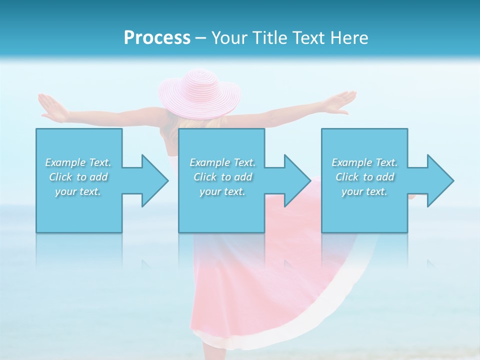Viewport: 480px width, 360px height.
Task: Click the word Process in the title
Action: coord(157,38)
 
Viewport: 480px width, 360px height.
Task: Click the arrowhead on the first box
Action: coord(154,180)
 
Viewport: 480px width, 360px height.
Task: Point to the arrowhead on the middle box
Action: coord(296,180)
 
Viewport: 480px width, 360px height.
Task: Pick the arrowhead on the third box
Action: coord(439,180)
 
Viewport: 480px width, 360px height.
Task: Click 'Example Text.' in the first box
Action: coord(78,162)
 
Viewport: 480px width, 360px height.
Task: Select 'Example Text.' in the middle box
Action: coord(222,162)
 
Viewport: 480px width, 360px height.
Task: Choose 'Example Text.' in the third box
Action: coord(364,162)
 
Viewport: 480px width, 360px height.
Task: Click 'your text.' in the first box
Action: coord(78,191)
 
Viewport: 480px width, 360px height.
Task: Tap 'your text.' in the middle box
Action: coord(222,191)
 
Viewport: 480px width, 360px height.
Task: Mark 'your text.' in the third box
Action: coord(364,191)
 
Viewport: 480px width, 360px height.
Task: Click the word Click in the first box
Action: coord(60,177)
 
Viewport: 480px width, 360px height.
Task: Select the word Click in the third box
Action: coord(347,177)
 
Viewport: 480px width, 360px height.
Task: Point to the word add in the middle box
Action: coord(243,177)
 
